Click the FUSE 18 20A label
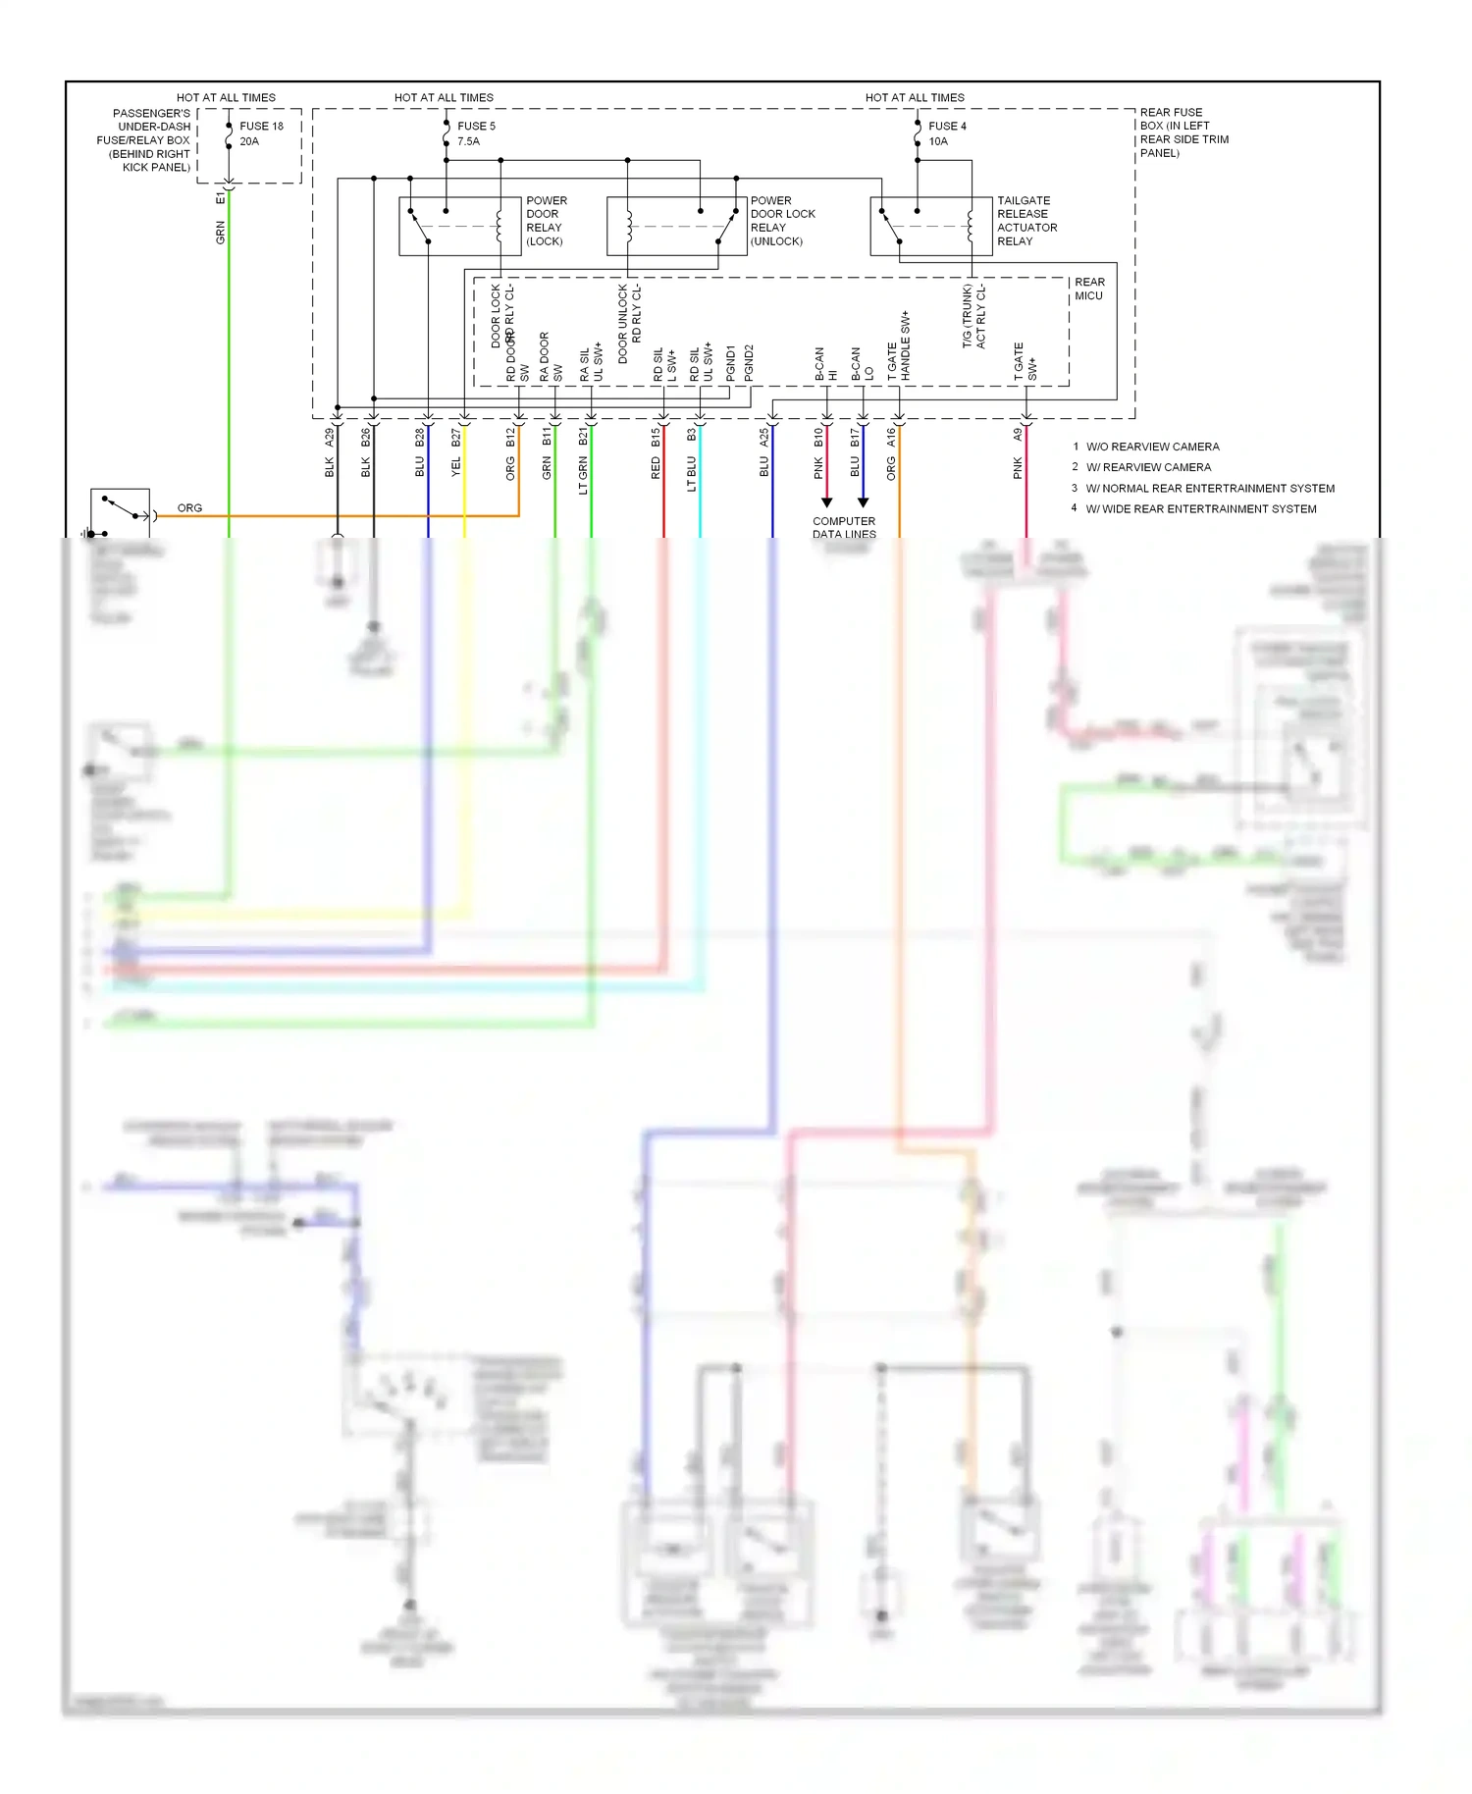point(260,133)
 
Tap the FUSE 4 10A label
point(946,133)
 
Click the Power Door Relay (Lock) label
point(546,221)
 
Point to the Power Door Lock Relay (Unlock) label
point(782,221)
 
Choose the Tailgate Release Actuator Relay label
point(1026,221)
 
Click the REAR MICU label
point(1088,289)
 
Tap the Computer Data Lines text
point(844,528)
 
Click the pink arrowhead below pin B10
point(826,502)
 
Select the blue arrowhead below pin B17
point(863,502)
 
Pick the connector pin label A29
point(330,438)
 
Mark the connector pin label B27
point(456,438)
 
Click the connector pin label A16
point(891,438)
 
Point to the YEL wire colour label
point(456,467)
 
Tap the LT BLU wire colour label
point(692,473)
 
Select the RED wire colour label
point(656,468)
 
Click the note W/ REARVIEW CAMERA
point(1148,467)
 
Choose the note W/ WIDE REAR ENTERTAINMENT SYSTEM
point(1200,508)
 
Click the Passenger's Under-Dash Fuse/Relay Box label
point(148,140)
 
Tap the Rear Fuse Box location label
point(1183,132)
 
